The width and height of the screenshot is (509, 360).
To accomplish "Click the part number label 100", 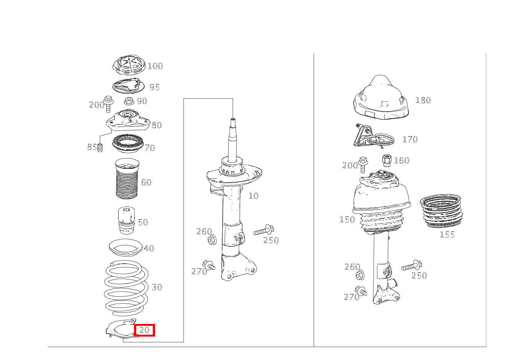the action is (155, 66).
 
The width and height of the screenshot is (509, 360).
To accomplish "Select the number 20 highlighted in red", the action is (144, 330).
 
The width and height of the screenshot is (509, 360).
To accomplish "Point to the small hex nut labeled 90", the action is (129, 101).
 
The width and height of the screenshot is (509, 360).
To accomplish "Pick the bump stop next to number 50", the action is (127, 220).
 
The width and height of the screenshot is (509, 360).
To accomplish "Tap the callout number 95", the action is (155, 87).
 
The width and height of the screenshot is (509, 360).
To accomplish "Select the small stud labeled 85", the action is (100, 148).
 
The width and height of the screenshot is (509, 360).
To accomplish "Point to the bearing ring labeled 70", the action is (128, 144).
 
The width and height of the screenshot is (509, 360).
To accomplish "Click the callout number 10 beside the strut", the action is (253, 196).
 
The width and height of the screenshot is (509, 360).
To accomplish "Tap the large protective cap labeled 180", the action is (381, 97).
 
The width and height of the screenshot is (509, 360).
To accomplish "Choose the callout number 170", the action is (410, 139).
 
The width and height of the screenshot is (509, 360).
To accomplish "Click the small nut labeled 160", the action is (387, 160).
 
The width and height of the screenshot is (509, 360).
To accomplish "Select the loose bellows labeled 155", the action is (441, 211).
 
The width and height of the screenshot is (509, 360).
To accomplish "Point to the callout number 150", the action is (347, 220).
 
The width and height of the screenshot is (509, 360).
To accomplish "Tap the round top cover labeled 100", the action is (129, 66).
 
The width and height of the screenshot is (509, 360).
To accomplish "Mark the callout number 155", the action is (447, 234).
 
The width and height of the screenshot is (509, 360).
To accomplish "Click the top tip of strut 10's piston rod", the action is (233, 119).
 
